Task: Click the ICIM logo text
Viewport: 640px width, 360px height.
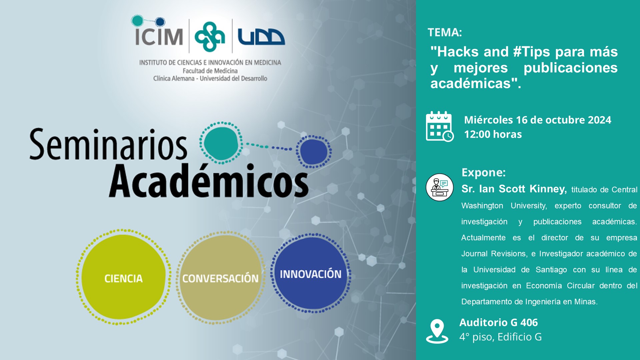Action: click(159, 36)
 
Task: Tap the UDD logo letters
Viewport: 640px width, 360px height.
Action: click(261, 37)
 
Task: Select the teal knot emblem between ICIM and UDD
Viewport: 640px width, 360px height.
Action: click(210, 37)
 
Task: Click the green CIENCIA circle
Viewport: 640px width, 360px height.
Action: click(124, 277)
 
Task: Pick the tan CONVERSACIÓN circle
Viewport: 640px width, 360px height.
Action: click(220, 278)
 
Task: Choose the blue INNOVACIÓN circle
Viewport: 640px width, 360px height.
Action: click(311, 273)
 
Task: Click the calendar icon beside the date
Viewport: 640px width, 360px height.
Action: click(440, 126)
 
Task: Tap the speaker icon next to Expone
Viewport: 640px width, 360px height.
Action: click(440, 187)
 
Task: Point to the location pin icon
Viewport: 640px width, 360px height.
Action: click(437, 331)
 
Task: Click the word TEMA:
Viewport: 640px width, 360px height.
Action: click(445, 32)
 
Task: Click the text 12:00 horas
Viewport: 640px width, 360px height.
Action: click(493, 134)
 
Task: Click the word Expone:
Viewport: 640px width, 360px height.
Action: click(484, 173)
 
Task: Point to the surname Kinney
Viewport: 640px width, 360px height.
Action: click(548, 189)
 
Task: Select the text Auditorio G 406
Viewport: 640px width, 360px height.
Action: click(499, 323)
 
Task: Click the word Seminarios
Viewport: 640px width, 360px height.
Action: click(108, 144)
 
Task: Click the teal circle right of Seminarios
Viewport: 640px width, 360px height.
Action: click(221, 143)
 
